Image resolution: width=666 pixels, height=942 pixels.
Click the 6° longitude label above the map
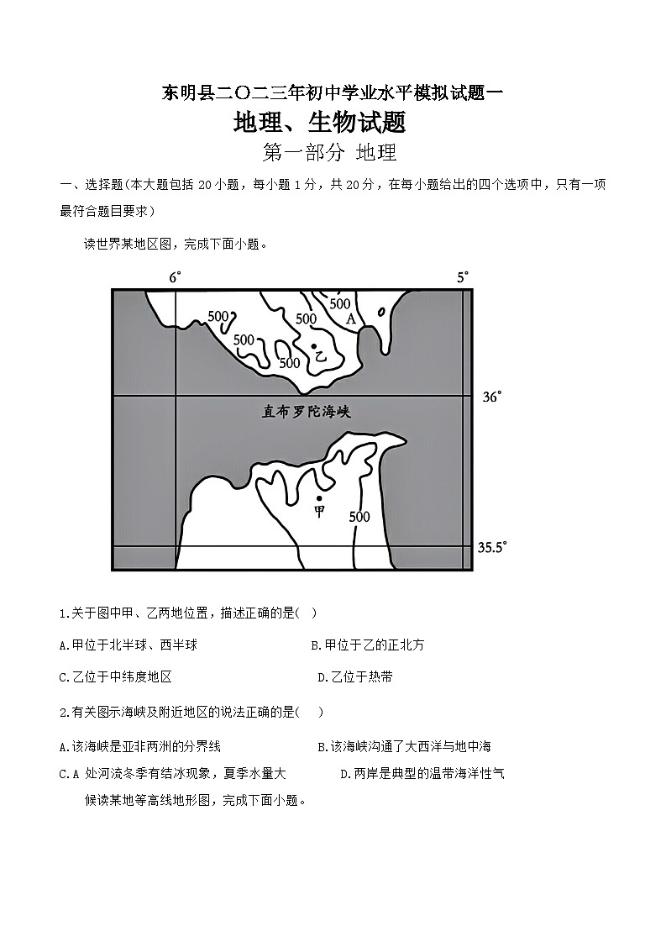point(175,277)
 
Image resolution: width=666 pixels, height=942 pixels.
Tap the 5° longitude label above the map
point(463,277)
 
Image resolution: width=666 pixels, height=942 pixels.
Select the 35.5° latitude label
point(492,547)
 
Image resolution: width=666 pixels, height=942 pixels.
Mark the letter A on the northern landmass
point(351,319)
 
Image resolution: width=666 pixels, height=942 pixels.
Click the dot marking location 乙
point(314,345)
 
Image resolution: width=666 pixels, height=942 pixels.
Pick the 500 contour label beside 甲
point(359,517)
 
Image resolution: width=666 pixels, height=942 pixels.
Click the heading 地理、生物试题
point(320,123)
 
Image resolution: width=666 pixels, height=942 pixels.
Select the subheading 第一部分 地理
point(329,153)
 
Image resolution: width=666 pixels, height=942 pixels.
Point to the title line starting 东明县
point(332,93)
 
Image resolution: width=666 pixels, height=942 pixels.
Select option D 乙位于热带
point(355,676)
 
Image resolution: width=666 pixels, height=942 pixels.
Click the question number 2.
point(64,712)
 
